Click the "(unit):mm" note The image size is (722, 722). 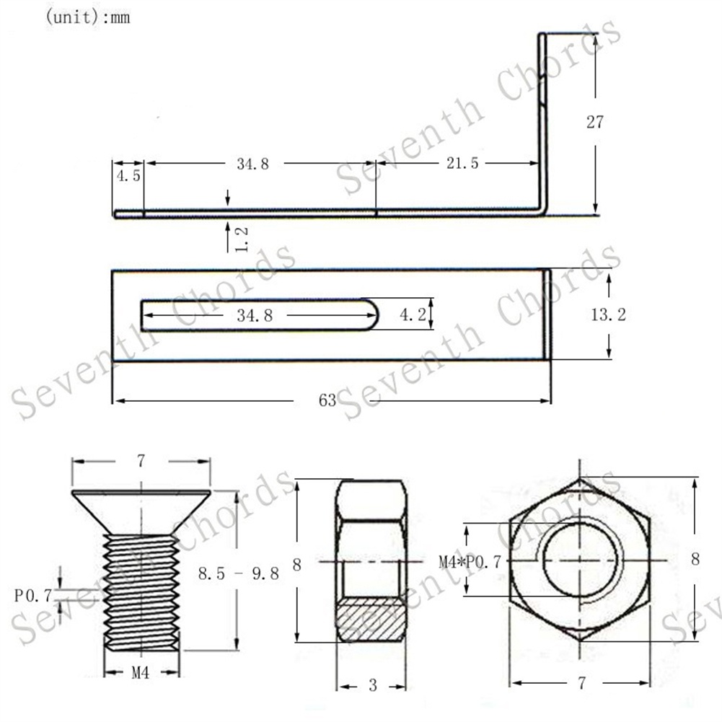[x=88, y=17]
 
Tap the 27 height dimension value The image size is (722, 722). [x=594, y=122]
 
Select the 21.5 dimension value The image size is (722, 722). [x=462, y=163]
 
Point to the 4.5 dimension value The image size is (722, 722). [x=128, y=175]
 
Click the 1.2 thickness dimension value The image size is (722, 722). [x=242, y=239]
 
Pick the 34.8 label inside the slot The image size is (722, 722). [x=255, y=315]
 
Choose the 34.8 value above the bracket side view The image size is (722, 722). [x=252, y=164]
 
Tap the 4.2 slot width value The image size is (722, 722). [x=413, y=314]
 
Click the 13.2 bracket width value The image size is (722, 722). [x=608, y=314]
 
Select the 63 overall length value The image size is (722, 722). [x=327, y=400]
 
